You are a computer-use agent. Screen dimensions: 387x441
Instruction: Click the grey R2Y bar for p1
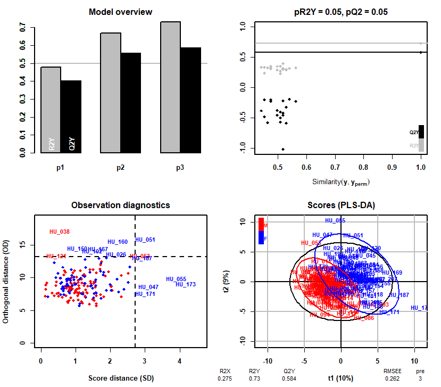[x=51, y=110]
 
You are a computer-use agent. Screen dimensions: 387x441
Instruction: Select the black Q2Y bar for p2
[x=131, y=103]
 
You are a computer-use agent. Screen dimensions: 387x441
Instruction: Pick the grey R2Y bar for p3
[x=171, y=87]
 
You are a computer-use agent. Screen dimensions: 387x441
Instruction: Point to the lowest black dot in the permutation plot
[x=282, y=149]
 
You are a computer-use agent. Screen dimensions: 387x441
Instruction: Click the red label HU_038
[x=60, y=232]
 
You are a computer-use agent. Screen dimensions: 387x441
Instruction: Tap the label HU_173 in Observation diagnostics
[x=186, y=284]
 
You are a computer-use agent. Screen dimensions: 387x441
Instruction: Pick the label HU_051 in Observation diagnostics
[x=145, y=240]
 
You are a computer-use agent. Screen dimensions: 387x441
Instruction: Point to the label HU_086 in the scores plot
[x=364, y=318]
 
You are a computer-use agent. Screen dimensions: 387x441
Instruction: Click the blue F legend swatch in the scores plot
[x=261, y=237]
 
